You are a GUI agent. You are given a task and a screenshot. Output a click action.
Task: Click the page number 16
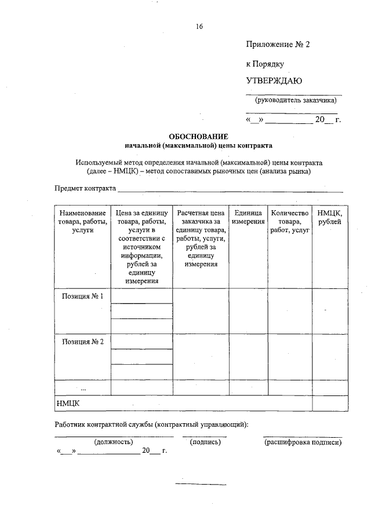point(200,27)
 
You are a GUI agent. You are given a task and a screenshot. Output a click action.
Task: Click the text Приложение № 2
point(278,44)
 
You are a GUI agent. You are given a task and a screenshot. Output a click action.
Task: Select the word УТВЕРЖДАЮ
point(274,80)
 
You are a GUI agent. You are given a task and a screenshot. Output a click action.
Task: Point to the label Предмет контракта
point(85,188)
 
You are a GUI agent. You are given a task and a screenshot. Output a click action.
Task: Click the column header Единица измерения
point(249,218)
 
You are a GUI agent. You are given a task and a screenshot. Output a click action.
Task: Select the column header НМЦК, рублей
point(329,218)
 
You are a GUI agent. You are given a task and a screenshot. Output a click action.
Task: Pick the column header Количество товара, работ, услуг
point(289,222)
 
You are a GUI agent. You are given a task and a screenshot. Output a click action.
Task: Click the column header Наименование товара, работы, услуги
point(82,222)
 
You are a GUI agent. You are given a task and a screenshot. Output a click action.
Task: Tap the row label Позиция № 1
point(82,296)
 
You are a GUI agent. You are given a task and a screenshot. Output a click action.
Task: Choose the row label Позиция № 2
point(82,341)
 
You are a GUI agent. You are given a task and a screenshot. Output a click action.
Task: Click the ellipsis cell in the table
point(82,387)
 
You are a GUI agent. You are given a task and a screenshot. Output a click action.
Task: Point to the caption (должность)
point(114,442)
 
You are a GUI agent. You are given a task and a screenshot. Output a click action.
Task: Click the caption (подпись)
point(205,442)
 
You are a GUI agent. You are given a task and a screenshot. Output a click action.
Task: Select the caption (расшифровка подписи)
point(303,442)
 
